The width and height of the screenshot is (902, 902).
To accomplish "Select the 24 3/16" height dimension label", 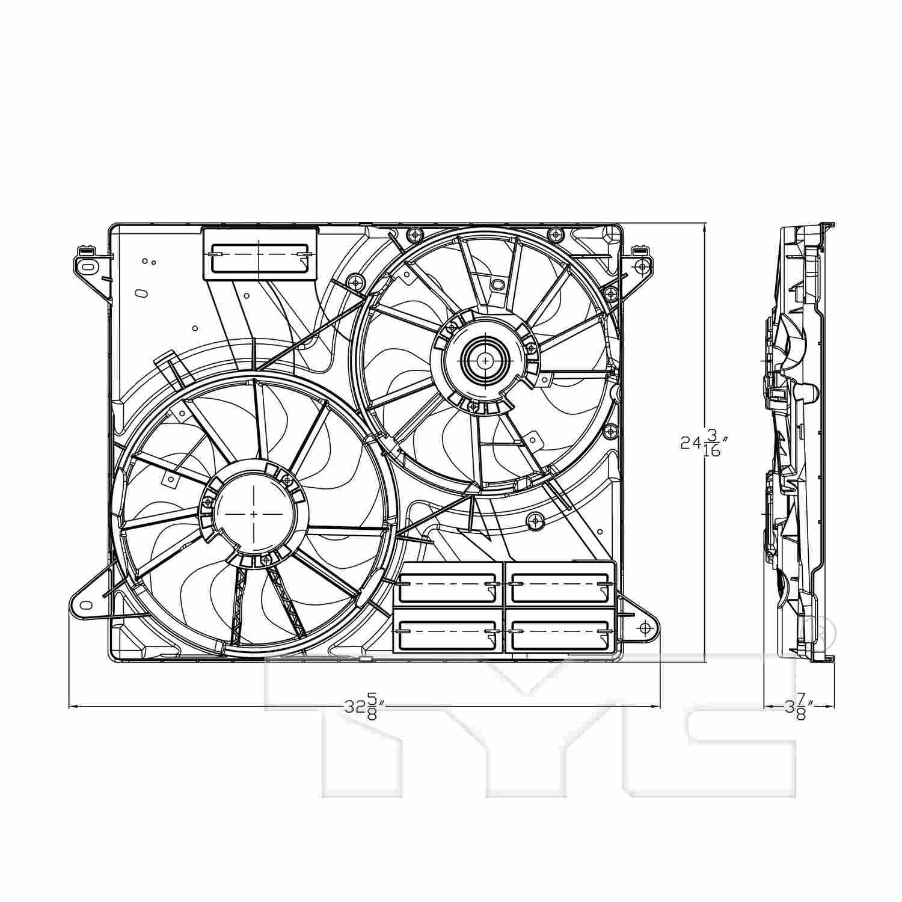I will point(704,443).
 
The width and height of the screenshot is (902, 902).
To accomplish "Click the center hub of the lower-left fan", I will point(254,514).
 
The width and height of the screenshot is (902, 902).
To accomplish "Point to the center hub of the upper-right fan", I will point(485,360).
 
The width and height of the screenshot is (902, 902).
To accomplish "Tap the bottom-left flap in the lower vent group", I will point(448,631).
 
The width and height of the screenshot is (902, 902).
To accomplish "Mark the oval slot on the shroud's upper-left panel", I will point(140,293).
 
